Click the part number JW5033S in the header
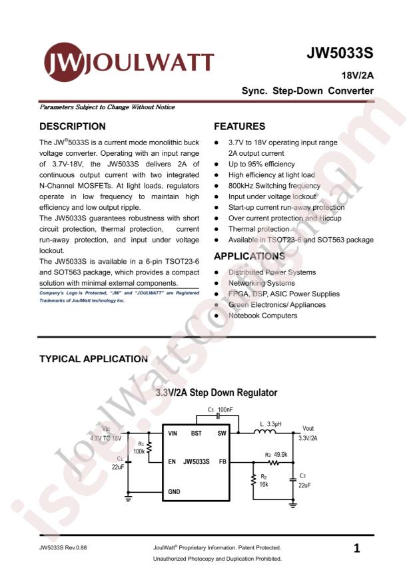[340, 53]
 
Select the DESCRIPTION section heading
[73, 126]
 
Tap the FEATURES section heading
[239, 126]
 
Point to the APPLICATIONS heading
[249, 256]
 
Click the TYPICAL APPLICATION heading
[93, 359]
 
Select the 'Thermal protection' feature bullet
[258, 229]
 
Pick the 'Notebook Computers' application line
[262, 315]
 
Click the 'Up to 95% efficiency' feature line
[261, 164]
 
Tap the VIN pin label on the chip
[172, 433]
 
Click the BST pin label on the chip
[197, 433]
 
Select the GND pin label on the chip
[174, 491]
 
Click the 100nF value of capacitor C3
[225, 410]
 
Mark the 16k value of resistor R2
[264, 485]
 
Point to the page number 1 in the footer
[357, 549]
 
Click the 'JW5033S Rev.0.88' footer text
[63, 548]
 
